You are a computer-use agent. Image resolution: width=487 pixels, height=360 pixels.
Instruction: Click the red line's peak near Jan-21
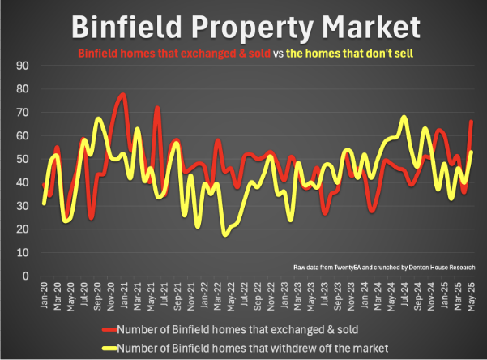coord(123,95)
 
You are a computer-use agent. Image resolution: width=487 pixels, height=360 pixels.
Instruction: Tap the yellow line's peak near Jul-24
coord(404,118)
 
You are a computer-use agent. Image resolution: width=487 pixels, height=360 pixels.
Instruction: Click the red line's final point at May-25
coord(471,122)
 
